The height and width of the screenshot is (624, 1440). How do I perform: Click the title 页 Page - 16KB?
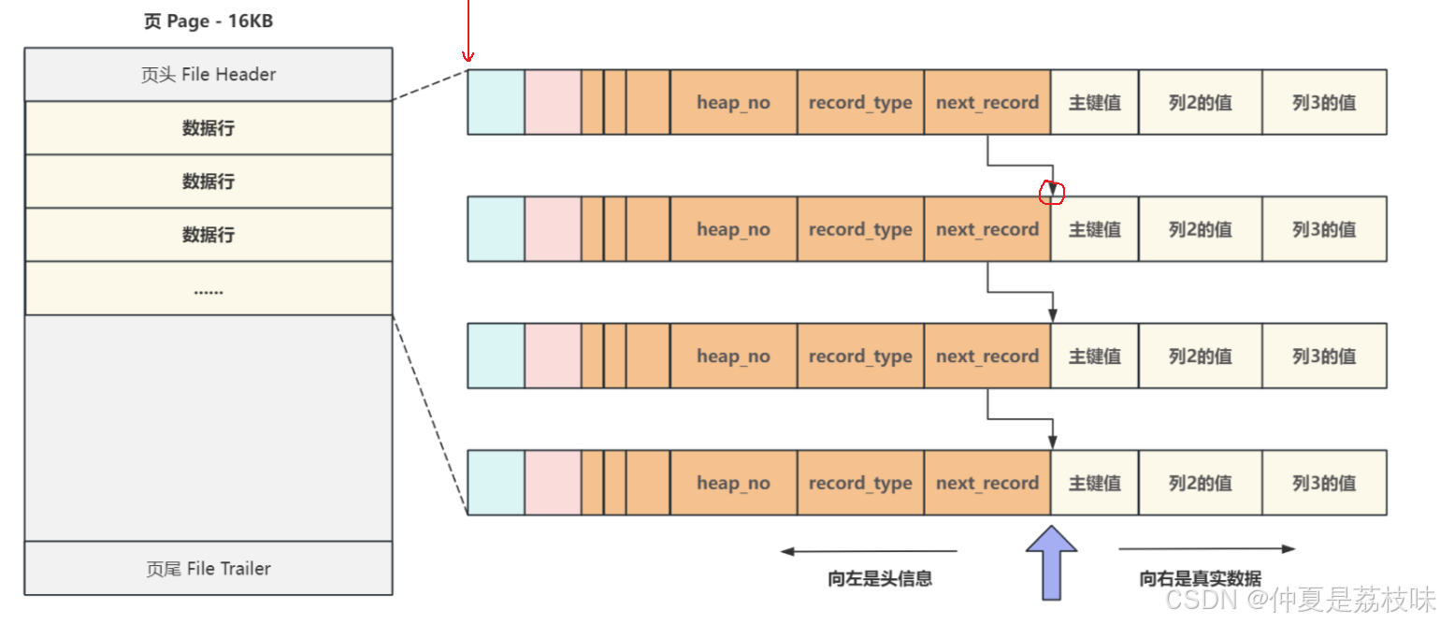coord(208,21)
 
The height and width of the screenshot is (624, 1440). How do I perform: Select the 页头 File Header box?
coord(208,75)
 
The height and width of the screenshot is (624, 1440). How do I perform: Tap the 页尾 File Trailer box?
coord(208,568)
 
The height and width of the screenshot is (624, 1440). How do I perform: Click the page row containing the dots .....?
coord(208,289)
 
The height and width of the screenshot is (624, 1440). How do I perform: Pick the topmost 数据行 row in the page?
coord(208,128)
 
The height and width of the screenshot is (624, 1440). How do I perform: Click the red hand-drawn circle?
coord(1053,192)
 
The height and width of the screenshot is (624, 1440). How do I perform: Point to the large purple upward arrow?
coord(1052,561)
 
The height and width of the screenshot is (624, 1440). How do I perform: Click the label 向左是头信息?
coord(879,578)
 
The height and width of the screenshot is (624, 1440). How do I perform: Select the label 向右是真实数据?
coord(1200,578)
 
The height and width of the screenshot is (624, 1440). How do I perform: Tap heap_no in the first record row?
coord(733,102)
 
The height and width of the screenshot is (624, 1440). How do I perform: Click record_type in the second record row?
coord(860,229)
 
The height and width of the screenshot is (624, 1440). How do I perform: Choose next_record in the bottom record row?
coord(987,483)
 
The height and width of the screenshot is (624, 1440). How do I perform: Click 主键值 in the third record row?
coord(1094,356)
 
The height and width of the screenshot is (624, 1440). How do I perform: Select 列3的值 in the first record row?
coord(1324,102)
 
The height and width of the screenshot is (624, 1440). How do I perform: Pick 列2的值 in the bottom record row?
coord(1200,483)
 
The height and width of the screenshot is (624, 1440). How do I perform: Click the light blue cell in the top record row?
coord(496,102)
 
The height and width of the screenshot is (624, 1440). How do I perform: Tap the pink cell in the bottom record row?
coord(553,483)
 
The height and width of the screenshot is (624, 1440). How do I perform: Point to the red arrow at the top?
coord(468,33)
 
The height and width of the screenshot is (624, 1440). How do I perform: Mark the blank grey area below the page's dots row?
coord(208,427)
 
